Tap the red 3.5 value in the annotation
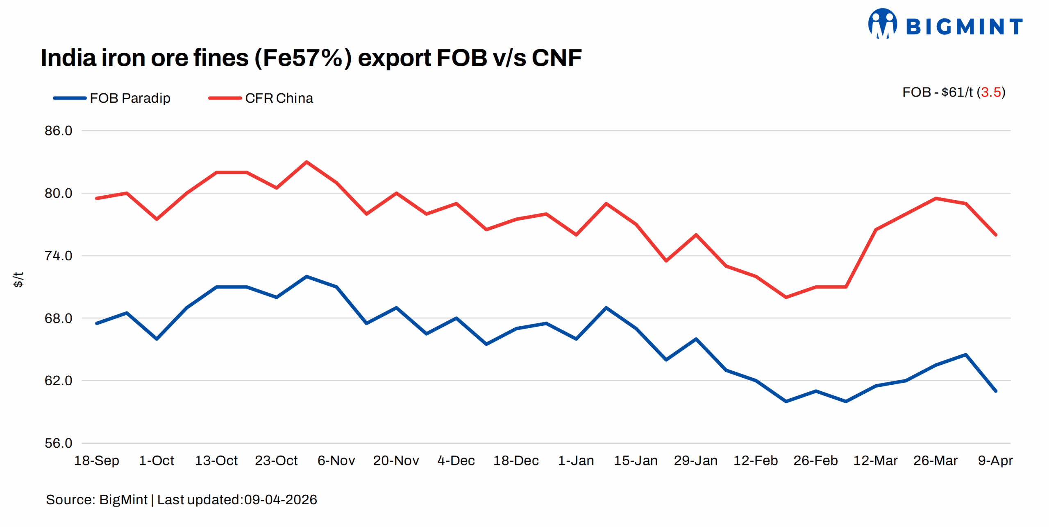pos(991,92)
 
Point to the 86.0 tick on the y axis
pos(58,131)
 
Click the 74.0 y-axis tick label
pos(58,256)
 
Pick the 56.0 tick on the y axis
pos(58,443)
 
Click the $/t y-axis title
pos(18,280)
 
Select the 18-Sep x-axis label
pos(96,460)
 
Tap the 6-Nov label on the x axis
pos(336,460)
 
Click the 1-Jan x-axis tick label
pos(576,460)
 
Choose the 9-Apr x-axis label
pos(995,460)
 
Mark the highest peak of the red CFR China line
pos(306,162)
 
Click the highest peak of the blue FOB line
pos(306,276)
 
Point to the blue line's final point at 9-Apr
pos(996,391)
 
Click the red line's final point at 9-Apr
pos(996,235)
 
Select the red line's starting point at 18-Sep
pos(97,199)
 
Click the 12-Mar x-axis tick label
pos(875,460)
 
